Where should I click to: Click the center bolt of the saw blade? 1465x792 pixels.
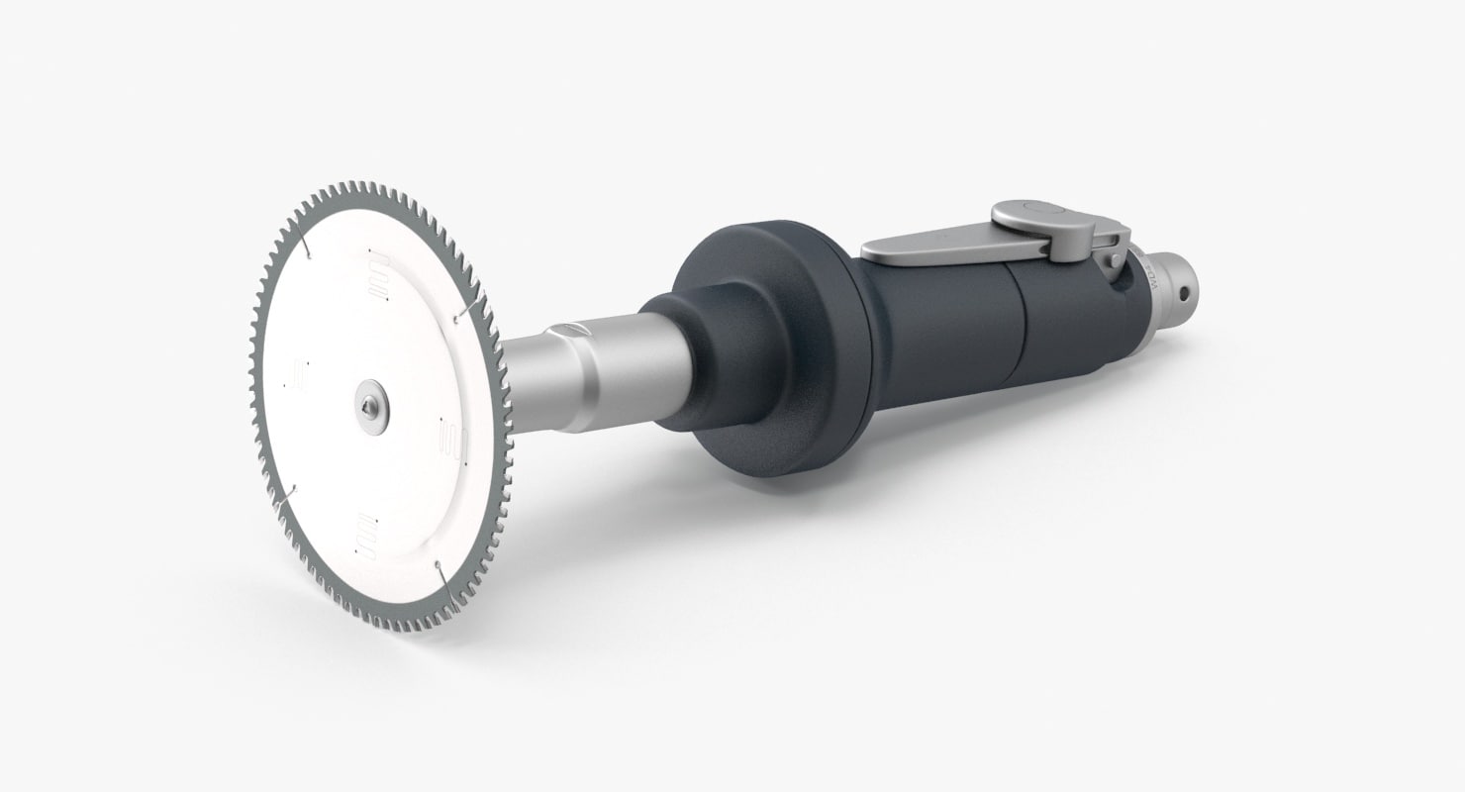coord(371,407)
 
